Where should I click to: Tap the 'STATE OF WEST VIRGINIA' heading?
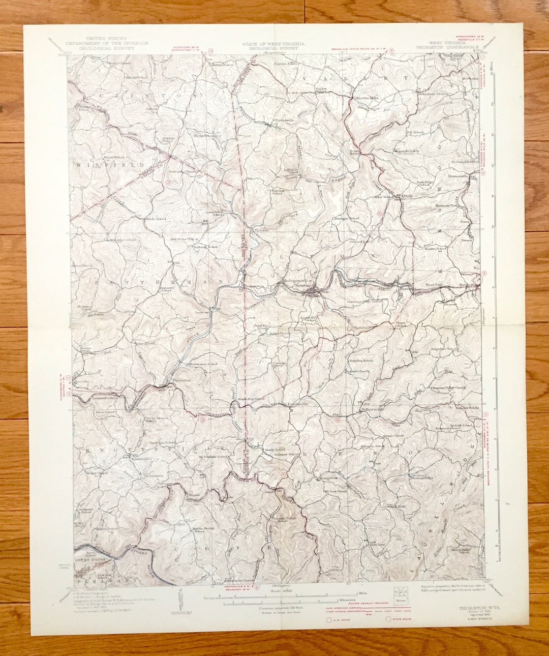[x=274, y=44]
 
